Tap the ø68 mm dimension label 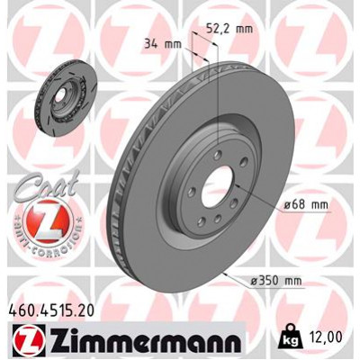[303, 205]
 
